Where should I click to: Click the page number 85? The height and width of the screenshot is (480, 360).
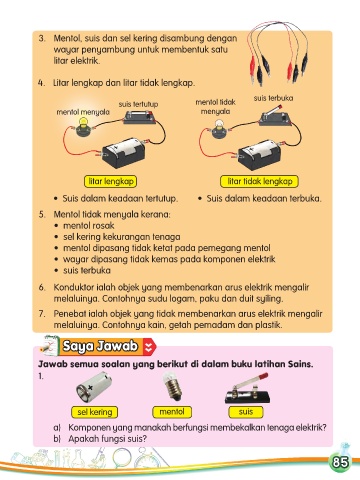coord(340,462)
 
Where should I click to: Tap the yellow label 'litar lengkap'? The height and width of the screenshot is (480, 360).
coord(111,181)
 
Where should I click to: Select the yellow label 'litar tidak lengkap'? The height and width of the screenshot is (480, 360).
coord(259,181)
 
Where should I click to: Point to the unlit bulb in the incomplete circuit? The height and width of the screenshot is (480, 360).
coord(219,130)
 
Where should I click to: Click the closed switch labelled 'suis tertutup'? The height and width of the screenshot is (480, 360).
coord(140,117)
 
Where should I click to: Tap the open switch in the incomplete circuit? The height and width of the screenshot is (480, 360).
coord(275,117)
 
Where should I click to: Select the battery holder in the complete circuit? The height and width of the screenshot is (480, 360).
coord(124,152)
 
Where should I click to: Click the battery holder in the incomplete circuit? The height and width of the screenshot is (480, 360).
coord(260,154)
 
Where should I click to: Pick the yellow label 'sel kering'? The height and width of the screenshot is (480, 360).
coord(94,412)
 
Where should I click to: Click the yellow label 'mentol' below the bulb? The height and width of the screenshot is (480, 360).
coord(172,412)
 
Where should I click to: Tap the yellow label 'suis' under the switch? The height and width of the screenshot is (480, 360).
coord(246,412)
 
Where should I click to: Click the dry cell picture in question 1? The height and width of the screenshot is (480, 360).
coord(94,388)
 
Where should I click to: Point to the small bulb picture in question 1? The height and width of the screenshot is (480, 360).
coord(172,386)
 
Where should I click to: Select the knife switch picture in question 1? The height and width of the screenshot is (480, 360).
coord(247,389)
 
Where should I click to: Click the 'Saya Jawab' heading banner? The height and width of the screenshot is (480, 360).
coord(100,346)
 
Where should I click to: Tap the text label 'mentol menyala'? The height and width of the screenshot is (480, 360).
coord(83,112)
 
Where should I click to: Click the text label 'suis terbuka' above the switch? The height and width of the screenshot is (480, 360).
coord(273,98)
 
